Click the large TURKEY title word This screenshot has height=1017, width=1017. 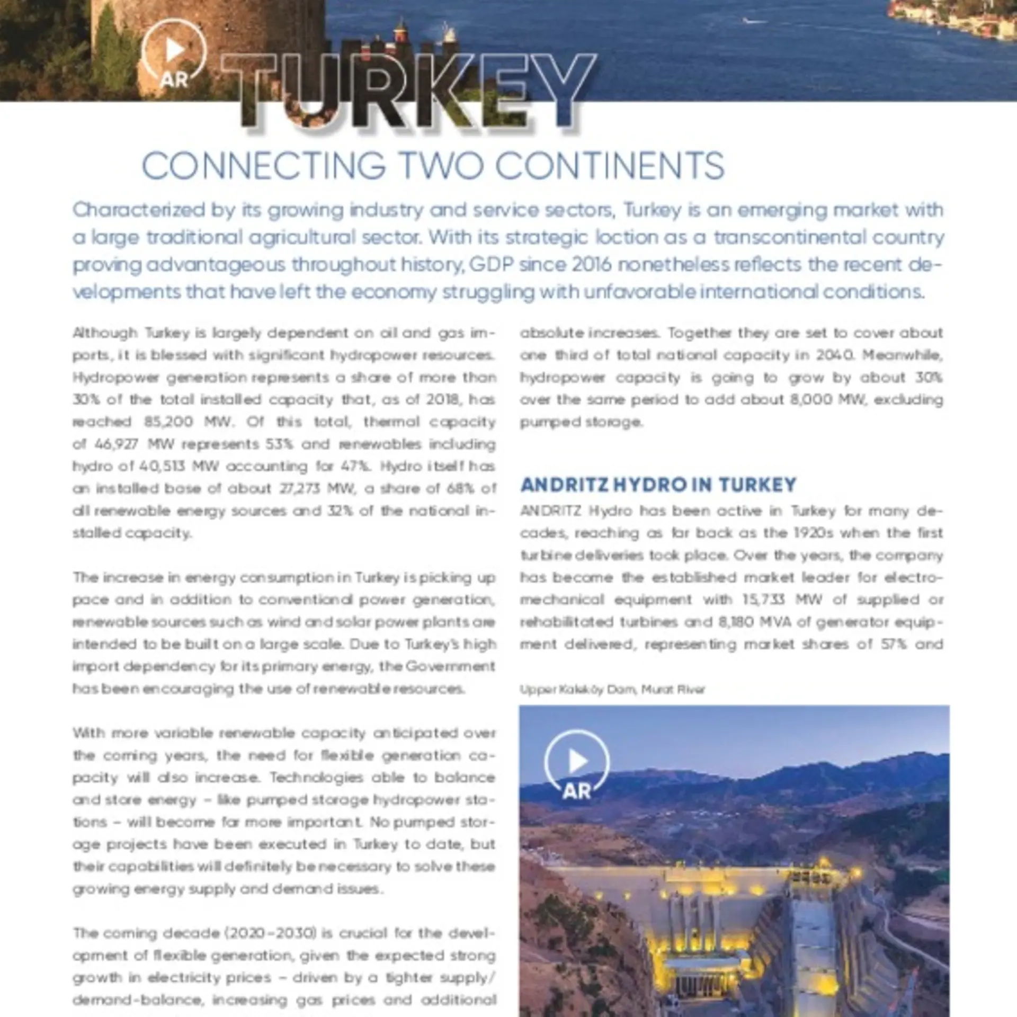[408, 90]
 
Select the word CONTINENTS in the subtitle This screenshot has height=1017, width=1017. [610, 166]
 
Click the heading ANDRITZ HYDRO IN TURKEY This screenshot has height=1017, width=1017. [658, 485]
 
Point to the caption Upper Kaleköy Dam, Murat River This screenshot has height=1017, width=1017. [612, 689]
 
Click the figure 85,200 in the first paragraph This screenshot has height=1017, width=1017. [164, 422]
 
